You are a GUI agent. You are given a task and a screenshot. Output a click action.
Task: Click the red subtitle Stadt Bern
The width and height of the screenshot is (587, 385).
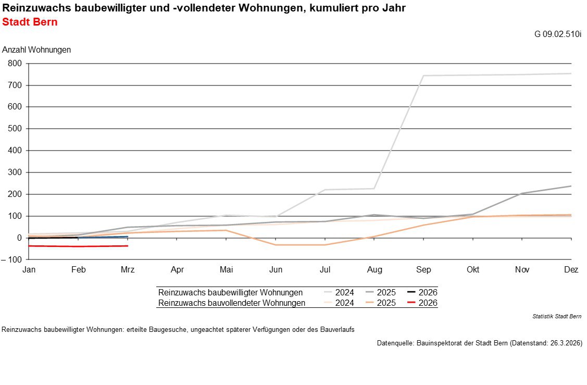click(30, 22)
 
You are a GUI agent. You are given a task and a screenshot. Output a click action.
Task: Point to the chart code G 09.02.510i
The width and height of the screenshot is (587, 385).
click(558, 34)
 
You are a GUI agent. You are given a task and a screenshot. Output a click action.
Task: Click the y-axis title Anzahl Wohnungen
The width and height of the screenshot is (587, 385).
click(36, 50)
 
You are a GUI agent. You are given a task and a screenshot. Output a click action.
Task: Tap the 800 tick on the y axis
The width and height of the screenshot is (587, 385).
click(15, 64)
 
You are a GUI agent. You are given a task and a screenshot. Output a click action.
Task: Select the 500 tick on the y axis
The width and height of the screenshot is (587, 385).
click(15, 129)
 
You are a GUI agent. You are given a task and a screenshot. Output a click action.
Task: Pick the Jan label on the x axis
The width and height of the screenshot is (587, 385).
click(29, 270)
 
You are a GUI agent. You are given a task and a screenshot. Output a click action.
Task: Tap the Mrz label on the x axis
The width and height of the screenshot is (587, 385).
click(128, 270)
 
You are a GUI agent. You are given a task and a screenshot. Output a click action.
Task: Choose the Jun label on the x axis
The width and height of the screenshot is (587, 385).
click(276, 270)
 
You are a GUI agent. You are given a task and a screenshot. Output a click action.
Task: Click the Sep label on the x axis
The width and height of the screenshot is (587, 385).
click(423, 270)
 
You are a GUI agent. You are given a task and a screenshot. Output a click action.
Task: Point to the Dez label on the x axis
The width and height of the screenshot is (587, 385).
click(571, 270)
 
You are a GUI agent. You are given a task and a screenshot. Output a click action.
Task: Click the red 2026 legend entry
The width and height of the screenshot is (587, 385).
click(422, 303)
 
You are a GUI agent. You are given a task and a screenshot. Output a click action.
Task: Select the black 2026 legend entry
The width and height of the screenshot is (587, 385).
click(422, 293)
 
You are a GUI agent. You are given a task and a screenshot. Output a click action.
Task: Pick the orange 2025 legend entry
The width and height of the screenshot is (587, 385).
click(380, 303)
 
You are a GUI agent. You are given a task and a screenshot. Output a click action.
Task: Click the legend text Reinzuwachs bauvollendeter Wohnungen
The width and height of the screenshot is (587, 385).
click(232, 303)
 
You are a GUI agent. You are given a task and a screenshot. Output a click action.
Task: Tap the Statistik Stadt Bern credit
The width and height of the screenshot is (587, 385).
click(557, 316)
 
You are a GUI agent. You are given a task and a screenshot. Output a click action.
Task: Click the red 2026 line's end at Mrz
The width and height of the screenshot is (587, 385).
click(128, 246)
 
